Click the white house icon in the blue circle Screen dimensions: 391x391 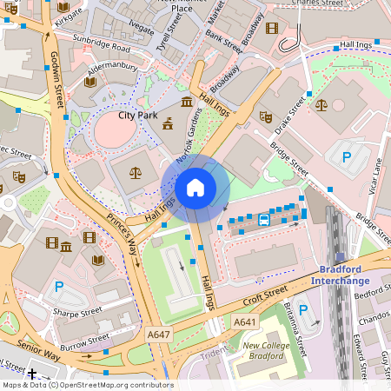click(195, 187)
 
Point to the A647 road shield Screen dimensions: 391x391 click(159, 333)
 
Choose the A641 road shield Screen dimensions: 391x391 click(246, 322)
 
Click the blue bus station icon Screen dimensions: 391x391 click(263, 220)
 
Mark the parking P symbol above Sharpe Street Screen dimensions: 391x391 click(59, 286)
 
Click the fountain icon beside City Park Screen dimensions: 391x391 click(167, 125)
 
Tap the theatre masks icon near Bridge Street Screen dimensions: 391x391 click(266, 116)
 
